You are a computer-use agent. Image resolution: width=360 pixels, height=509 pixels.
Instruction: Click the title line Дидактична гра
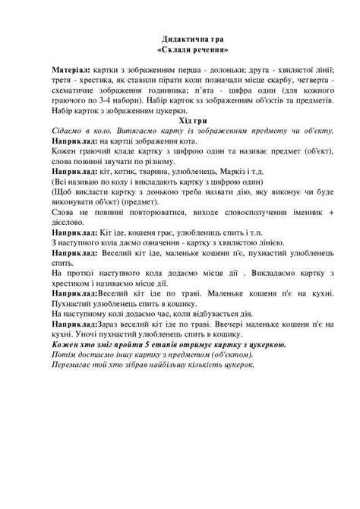(x=180, y=37)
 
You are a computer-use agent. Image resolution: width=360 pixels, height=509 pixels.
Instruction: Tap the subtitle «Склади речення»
(x=180, y=48)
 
